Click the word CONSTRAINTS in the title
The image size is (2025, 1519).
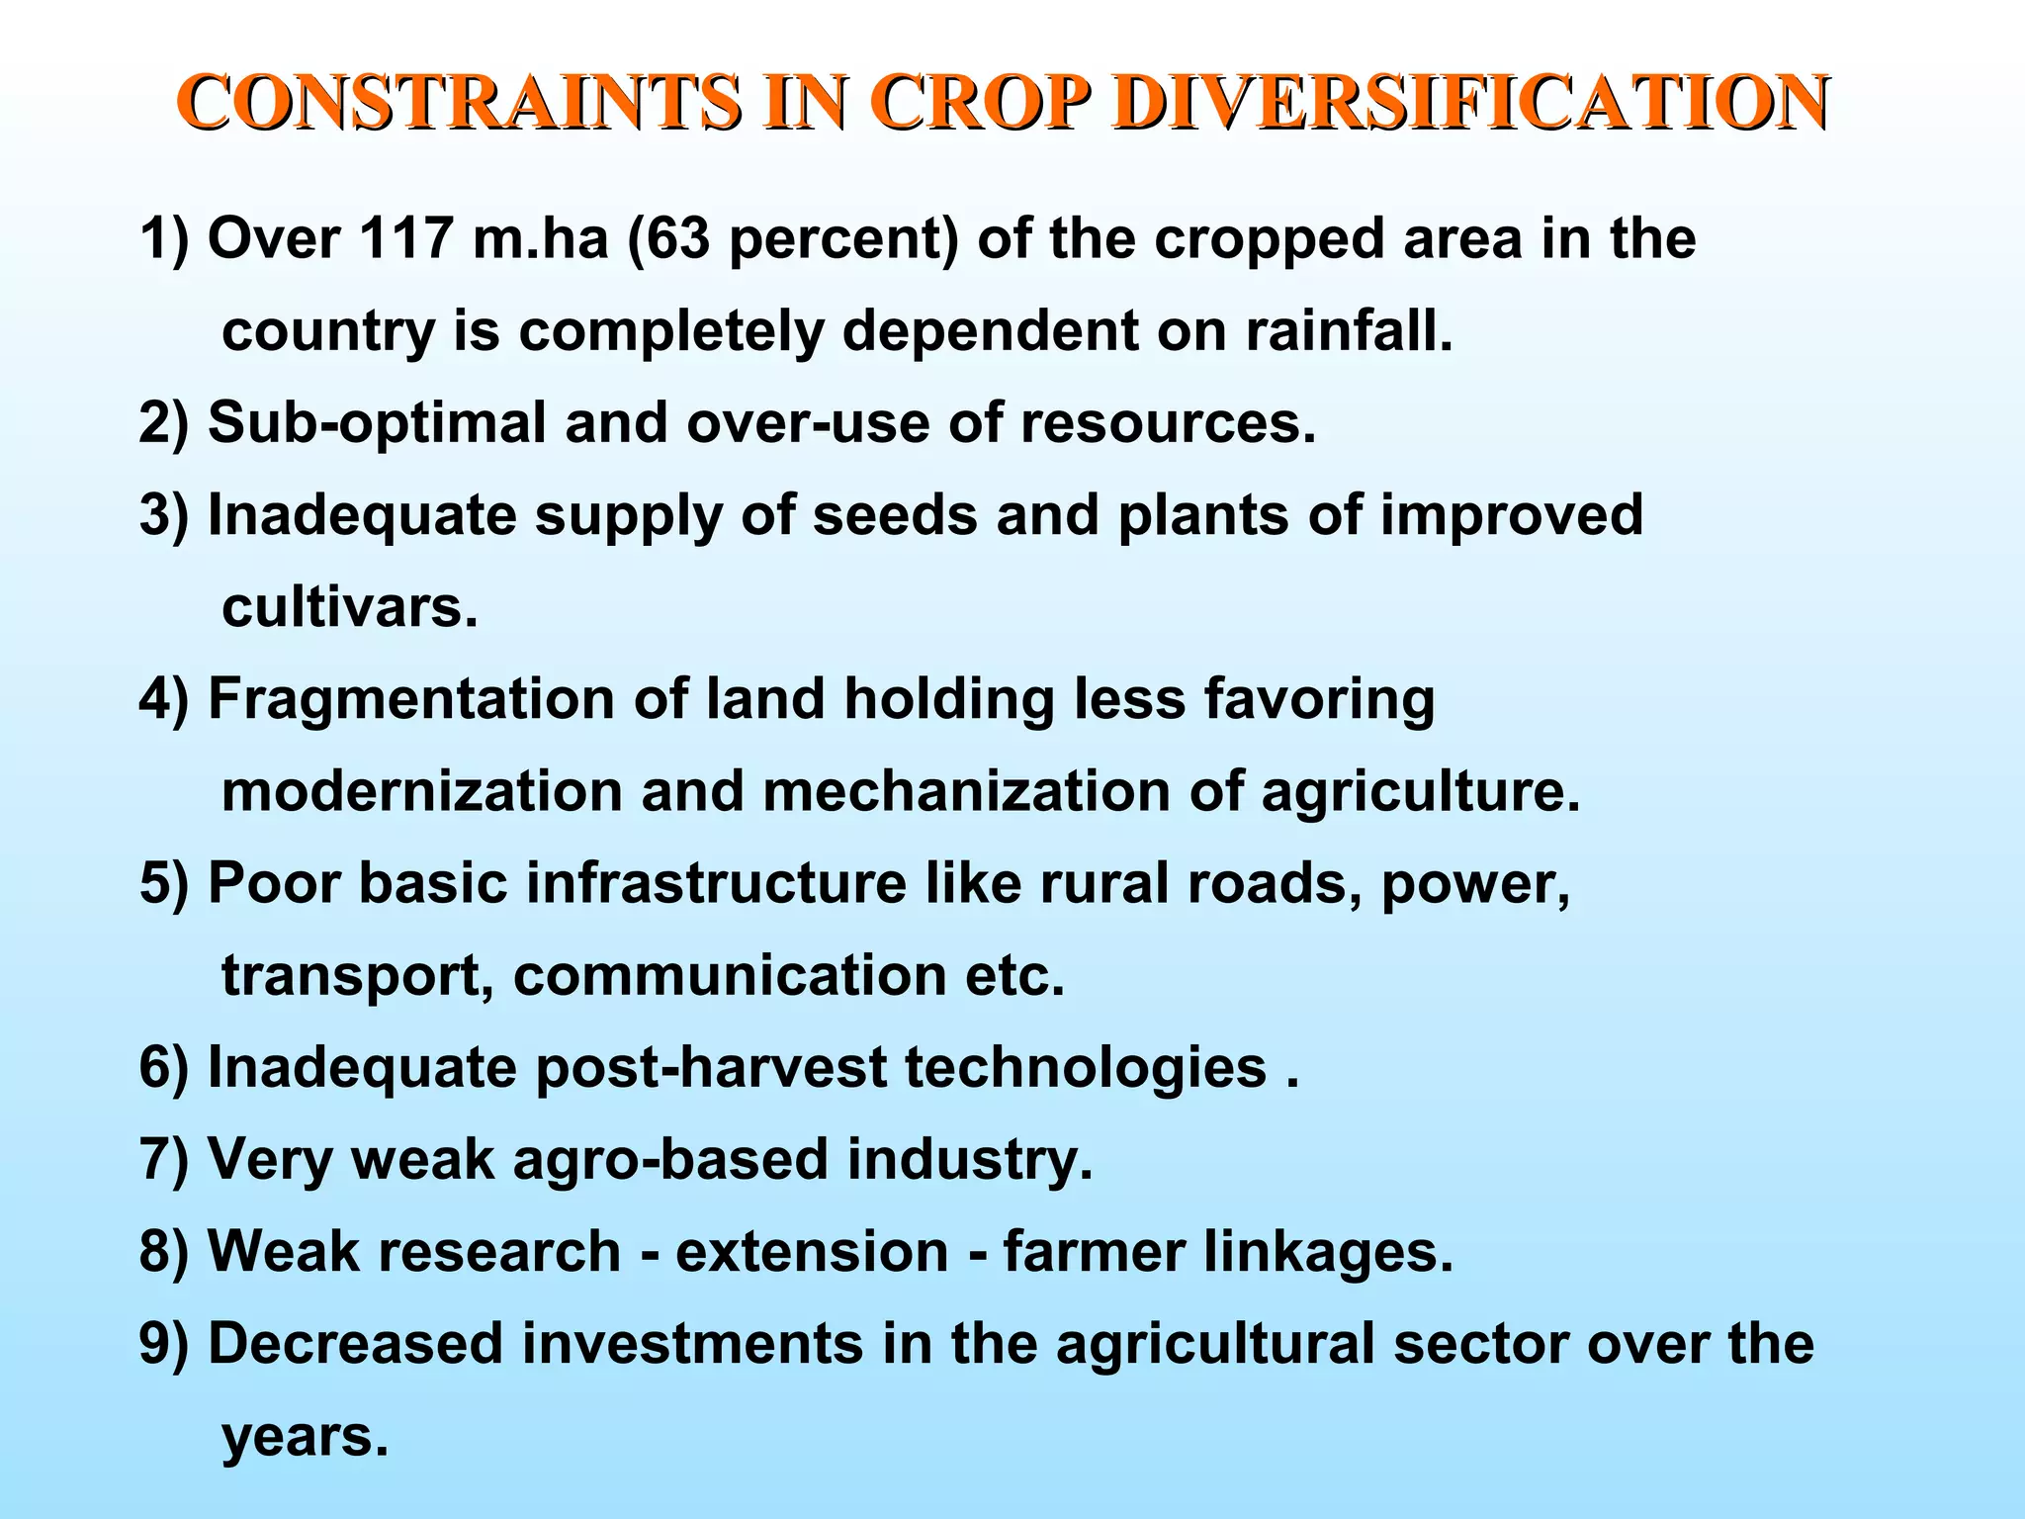(460, 103)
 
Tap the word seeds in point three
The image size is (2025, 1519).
(895, 515)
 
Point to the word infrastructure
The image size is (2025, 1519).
(716, 883)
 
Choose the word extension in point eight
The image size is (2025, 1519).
(812, 1251)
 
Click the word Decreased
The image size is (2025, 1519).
(355, 1343)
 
